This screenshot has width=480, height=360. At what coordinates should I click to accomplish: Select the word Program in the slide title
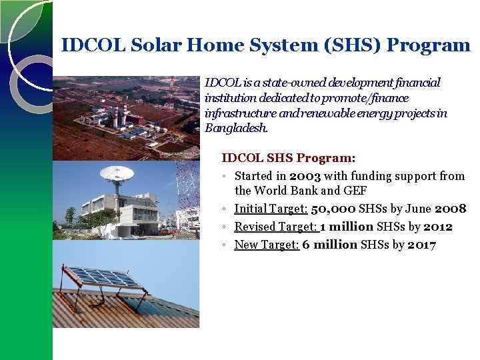pyautogui.click(x=429, y=45)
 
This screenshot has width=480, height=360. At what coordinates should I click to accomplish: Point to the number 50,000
pyautogui.click(x=333, y=209)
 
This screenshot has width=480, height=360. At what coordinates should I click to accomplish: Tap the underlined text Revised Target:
pyautogui.click(x=276, y=227)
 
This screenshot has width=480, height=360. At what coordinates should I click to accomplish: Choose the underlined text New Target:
pyautogui.click(x=267, y=245)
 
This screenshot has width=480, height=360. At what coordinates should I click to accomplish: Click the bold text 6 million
pyautogui.click(x=329, y=245)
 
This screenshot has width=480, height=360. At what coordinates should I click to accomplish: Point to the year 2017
pyautogui.click(x=421, y=245)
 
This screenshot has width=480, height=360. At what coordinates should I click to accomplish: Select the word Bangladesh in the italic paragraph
pyautogui.click(x=235, y=128)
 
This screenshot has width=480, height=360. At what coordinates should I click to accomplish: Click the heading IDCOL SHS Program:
pyautogui.click(x=288, y=159)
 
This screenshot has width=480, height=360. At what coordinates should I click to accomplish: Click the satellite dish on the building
pyautogui.click(x=117, y=175)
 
